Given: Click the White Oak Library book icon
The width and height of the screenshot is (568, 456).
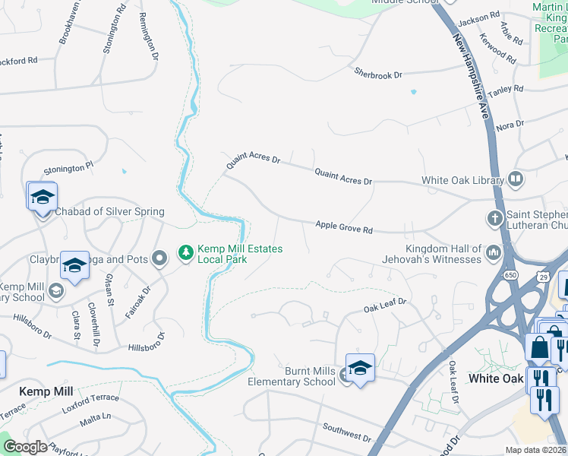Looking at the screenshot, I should (x=516, y=180).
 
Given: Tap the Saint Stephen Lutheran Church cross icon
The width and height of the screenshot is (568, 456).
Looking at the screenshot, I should (x=494, y=219).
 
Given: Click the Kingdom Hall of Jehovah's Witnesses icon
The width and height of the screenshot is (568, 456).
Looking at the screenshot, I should (x=493, y=252).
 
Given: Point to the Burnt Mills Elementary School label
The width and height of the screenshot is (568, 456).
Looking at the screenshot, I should (x=291, y=376).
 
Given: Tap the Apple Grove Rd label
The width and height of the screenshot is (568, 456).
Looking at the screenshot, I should (x=344, y=227).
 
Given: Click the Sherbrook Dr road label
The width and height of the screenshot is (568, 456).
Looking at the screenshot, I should (x=377, y=73).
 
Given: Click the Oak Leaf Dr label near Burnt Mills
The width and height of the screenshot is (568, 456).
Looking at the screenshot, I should (x=385, y=305).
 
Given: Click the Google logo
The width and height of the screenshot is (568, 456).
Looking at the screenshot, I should (x=25, y=447).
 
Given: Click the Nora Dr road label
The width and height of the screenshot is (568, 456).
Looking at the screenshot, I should (x=510, y=125).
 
